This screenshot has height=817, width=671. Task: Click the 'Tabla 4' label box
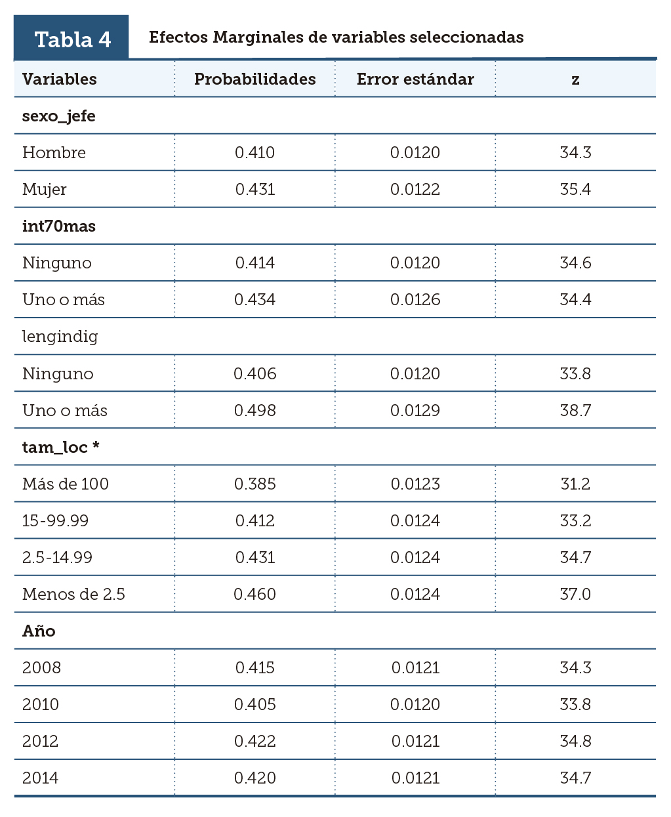pyautogui.click(x=71, y=39)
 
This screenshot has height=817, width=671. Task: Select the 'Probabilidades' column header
pyautogui.click(x=254, y=79)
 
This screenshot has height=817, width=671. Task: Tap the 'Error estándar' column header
pyautogui.click(x=415, y=79)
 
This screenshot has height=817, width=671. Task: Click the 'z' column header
pyautogui.click(x=575, y=80)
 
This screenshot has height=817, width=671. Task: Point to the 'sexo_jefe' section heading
pyautogui.click(x=59, y=116)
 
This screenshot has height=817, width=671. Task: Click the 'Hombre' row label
pyautogui.click(x=54, y=153)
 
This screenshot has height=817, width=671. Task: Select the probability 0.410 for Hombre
pyautogui.click(x=254, y=153)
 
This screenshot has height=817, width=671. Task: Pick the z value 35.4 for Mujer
pyautogui.click(x=575, y=190)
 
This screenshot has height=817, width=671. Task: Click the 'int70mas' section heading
pyautogui.click(x=59, y=226)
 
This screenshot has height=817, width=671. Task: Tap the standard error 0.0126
pyautogui.click(x=415, y=300)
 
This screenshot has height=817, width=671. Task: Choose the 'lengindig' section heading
pyautogui.click(x=60, y=337)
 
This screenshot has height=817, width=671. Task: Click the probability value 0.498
pyautogui.click(x=254, y=411)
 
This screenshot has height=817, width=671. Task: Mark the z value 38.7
pyautogui.click(x=575, y=411)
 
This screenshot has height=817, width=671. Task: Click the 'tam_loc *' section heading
pyautogui.click(x=61, y=448)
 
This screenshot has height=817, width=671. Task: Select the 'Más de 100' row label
pyautogui.click(x=66, y=484)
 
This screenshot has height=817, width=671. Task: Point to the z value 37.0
pyautogui.click(x=575, y=595)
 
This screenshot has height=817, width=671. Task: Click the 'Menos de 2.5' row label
pyautogui.click(x=73, y=595)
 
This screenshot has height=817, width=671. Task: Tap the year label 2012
pyautogui.click(x=41, y=742)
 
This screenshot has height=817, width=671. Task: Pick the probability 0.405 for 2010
pyautogui.click(x=254, y=705)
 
